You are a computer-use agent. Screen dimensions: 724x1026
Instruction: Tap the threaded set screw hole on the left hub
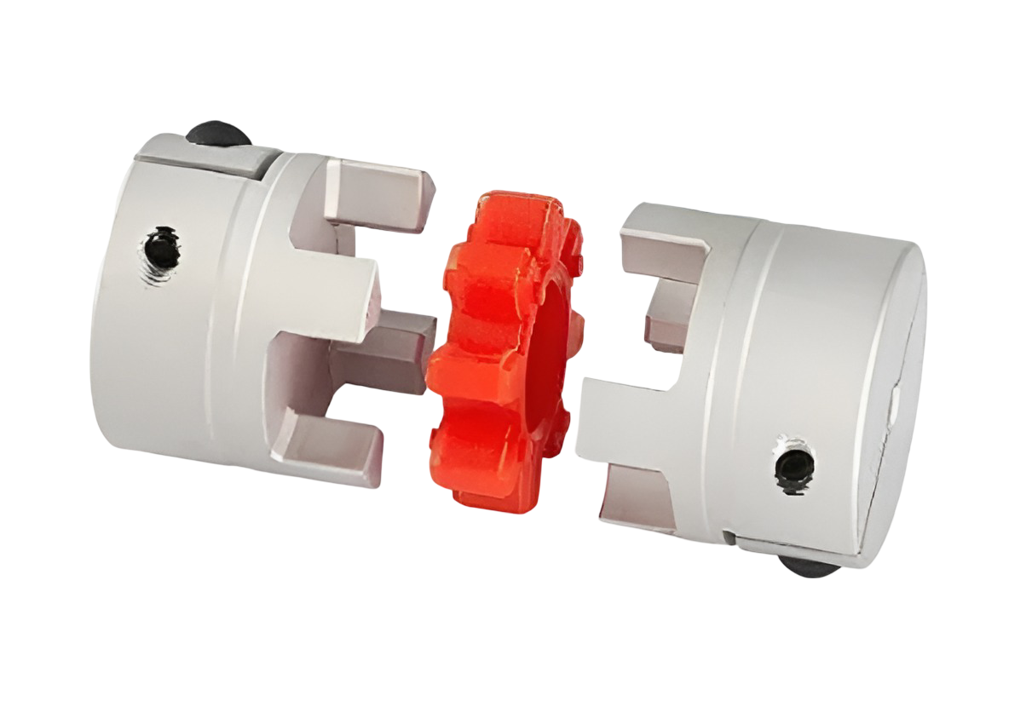(161, 248)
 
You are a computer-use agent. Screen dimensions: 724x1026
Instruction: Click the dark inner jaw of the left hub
(388, 349)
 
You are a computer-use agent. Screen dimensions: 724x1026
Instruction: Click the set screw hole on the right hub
(793, 464)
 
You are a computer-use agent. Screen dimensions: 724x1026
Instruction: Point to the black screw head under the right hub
(805, 567)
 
